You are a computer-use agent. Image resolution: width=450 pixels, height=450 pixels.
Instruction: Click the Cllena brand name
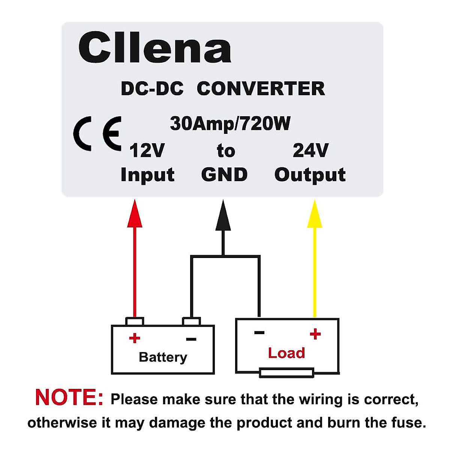[154, 48]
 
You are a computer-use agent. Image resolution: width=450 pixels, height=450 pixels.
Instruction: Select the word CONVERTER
[261, 89]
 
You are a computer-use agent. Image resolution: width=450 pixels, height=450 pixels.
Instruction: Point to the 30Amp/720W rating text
[230, 124]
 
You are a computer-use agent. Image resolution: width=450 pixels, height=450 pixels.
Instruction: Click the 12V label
[147, 151]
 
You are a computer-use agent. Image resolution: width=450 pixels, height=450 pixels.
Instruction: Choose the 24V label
[310, 151]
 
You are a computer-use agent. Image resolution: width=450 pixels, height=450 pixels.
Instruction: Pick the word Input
[147, 175]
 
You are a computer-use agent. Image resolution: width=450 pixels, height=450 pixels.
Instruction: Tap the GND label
[224, 175]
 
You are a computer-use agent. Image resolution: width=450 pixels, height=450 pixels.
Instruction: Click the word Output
[310, 175]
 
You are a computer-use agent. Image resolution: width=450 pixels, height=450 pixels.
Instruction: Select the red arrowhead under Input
[135, 214]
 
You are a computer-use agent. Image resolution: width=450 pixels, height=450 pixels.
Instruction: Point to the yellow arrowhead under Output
[315, 214]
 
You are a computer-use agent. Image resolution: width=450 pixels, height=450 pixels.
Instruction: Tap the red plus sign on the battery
[134, 338]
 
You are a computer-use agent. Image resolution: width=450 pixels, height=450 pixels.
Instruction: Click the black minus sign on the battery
[191, 339]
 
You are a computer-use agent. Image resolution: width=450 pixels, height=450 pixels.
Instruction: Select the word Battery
[163, 357]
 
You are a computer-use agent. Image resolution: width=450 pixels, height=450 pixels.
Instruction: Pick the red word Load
[286, 353]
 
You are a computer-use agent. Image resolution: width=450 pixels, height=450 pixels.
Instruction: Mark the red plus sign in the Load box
[315, 334]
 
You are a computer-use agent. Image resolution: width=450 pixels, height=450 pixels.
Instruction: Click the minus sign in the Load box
[259, 332]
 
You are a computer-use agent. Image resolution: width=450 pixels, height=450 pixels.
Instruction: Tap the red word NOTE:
[69, 397]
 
